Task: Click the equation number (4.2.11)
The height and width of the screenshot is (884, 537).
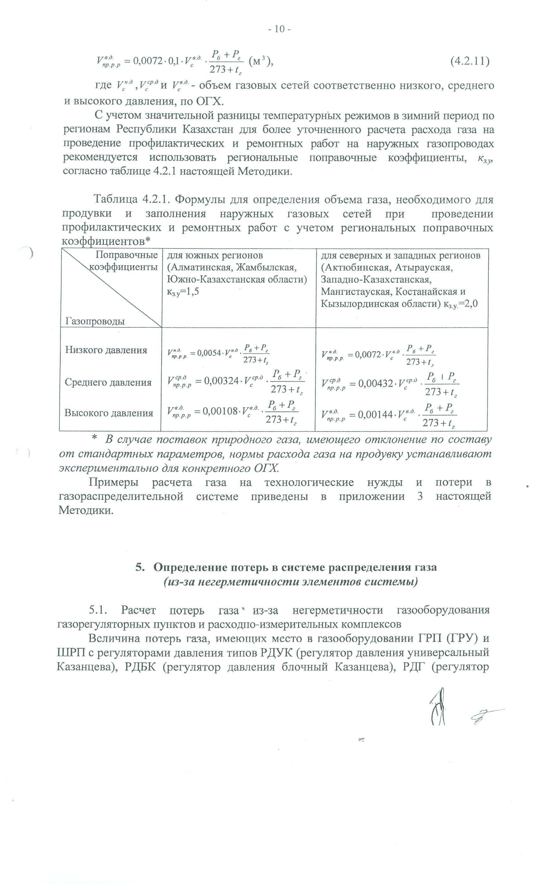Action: [469, 61]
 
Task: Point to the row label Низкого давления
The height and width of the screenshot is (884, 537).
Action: [106, 350]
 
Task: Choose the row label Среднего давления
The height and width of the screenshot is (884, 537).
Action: [108, 382]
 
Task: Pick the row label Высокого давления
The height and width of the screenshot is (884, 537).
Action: [109, 413]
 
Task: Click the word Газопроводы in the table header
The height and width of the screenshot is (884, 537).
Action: [95, 321]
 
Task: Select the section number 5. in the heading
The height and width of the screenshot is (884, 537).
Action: [140, 568]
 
